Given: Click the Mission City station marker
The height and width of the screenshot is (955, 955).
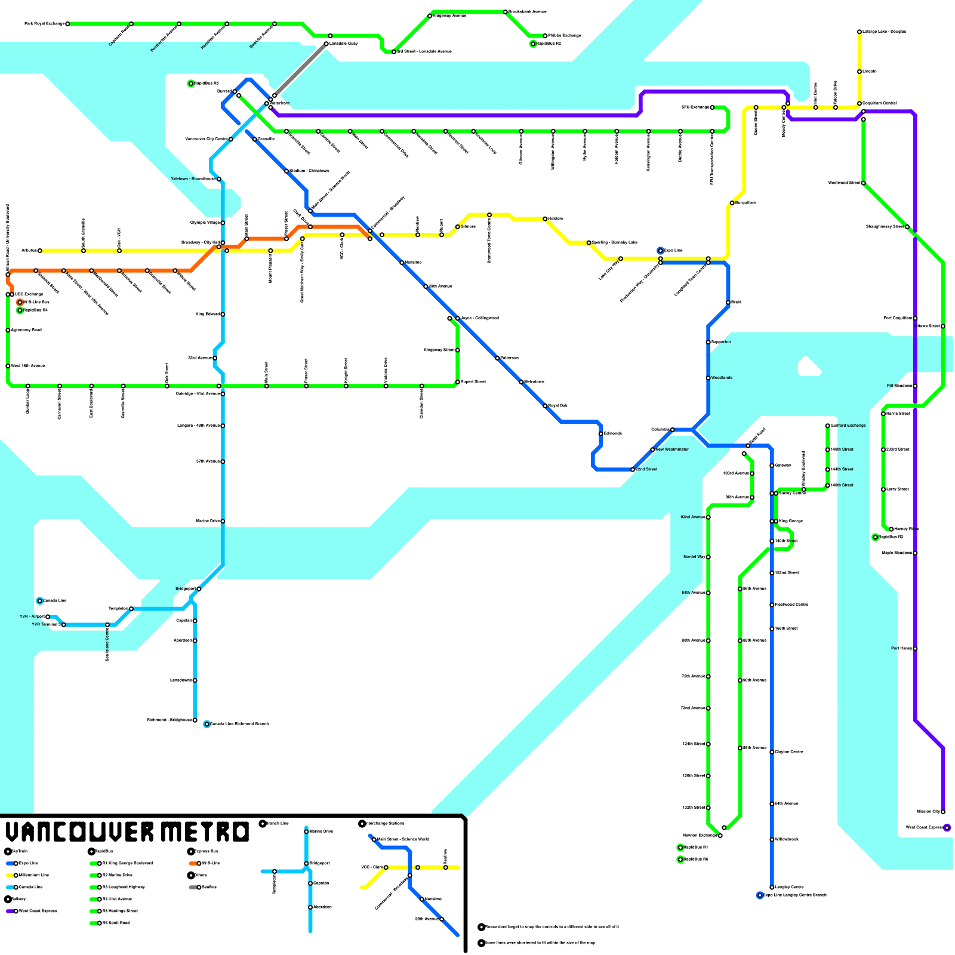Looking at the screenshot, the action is pyautogui.click(x=943, y=812).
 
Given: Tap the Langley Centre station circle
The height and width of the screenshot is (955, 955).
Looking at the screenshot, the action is pyautogui.click(x=772, y=888).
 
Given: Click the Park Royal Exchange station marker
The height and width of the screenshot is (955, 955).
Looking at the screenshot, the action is pyautogui.click(x=67, y=24).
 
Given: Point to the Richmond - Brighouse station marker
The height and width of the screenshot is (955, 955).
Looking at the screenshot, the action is pyautogui.click(x=195, y=720).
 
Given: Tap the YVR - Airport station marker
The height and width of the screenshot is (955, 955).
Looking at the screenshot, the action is pyautogui.click(x=48, y=617).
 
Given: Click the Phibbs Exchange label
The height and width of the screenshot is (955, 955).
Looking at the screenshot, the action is pyautogui.click(x=564, y=36).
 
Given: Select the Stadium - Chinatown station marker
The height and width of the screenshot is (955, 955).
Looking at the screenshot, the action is pyautogui.click(x=286, y=171).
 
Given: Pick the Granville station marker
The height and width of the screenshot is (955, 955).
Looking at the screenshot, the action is pyautogui.click(x=255, y=139).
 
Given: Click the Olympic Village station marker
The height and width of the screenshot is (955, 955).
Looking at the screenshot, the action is pyautogui.click(x=223, y=223).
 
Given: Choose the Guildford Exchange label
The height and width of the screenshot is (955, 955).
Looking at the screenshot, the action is pyautogui.click(x=848, y=426).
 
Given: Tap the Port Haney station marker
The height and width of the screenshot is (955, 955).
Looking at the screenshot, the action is pyautogui.click(x=915, y=649).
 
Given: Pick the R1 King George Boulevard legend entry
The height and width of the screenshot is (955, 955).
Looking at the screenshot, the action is pyautogui.click(x=122, y=863).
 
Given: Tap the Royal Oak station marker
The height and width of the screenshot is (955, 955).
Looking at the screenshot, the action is pyautogui.click(x=545, y=406).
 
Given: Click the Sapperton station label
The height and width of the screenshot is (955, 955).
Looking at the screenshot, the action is pyautogui.click(x=721, y=342).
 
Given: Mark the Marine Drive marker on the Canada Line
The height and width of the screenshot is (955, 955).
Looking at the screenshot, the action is pyautogui.click(x=223, y=521).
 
